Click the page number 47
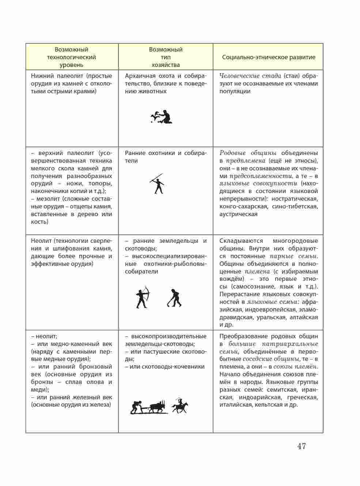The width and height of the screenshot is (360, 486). tap(301, 446)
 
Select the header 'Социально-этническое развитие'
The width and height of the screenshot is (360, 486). tap(268, 57)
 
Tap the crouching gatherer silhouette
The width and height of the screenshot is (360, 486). tap(162, 117)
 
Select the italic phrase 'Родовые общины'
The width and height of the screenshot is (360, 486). tap(248, 153)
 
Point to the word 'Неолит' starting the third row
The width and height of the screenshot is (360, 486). tap(41, 241)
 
